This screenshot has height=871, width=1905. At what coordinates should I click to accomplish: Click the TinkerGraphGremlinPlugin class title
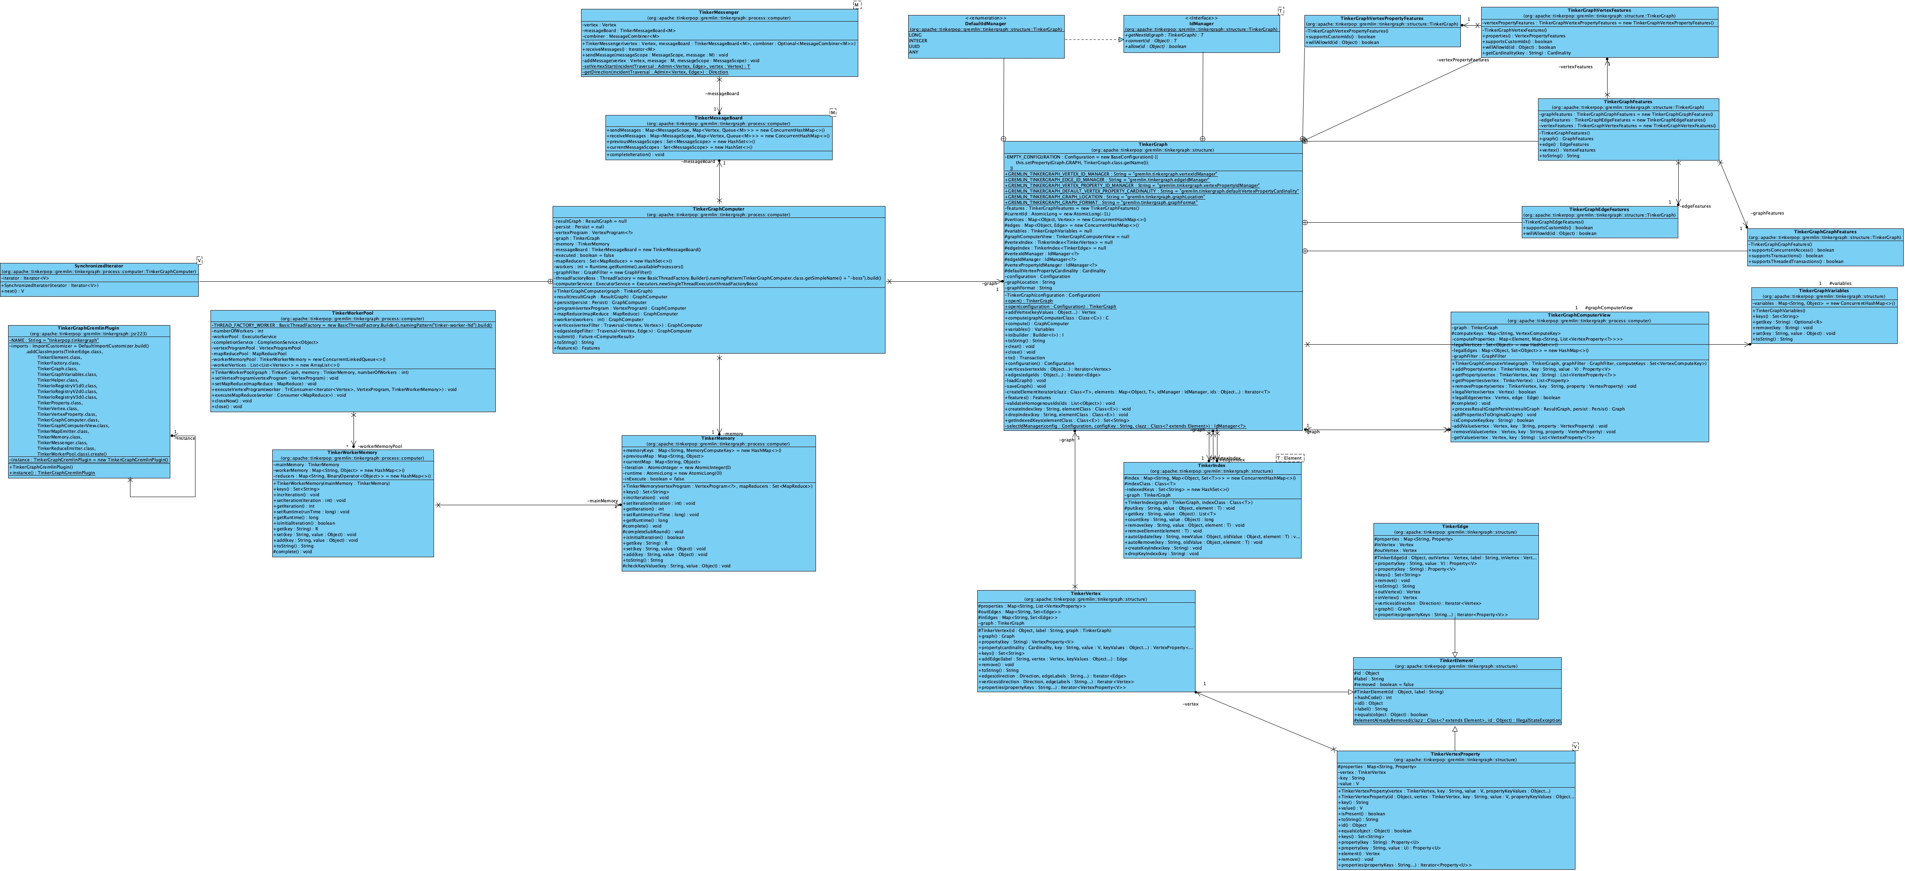pyautogui.click(x=89, y=328)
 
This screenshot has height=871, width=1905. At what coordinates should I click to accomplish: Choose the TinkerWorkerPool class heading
pyautogui.click(x=353, y=313)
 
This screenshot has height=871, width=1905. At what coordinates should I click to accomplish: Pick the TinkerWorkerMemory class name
pyautogui.click(x=353, y=452)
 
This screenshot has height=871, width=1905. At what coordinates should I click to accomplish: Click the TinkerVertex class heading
pyautogui.click(x=1086, y=594)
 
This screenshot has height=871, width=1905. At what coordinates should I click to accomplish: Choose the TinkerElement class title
pyautogui.click(x=1456, y=661)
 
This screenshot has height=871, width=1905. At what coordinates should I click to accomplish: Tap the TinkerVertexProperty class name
pyautogui.click(x=1456, y=754)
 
